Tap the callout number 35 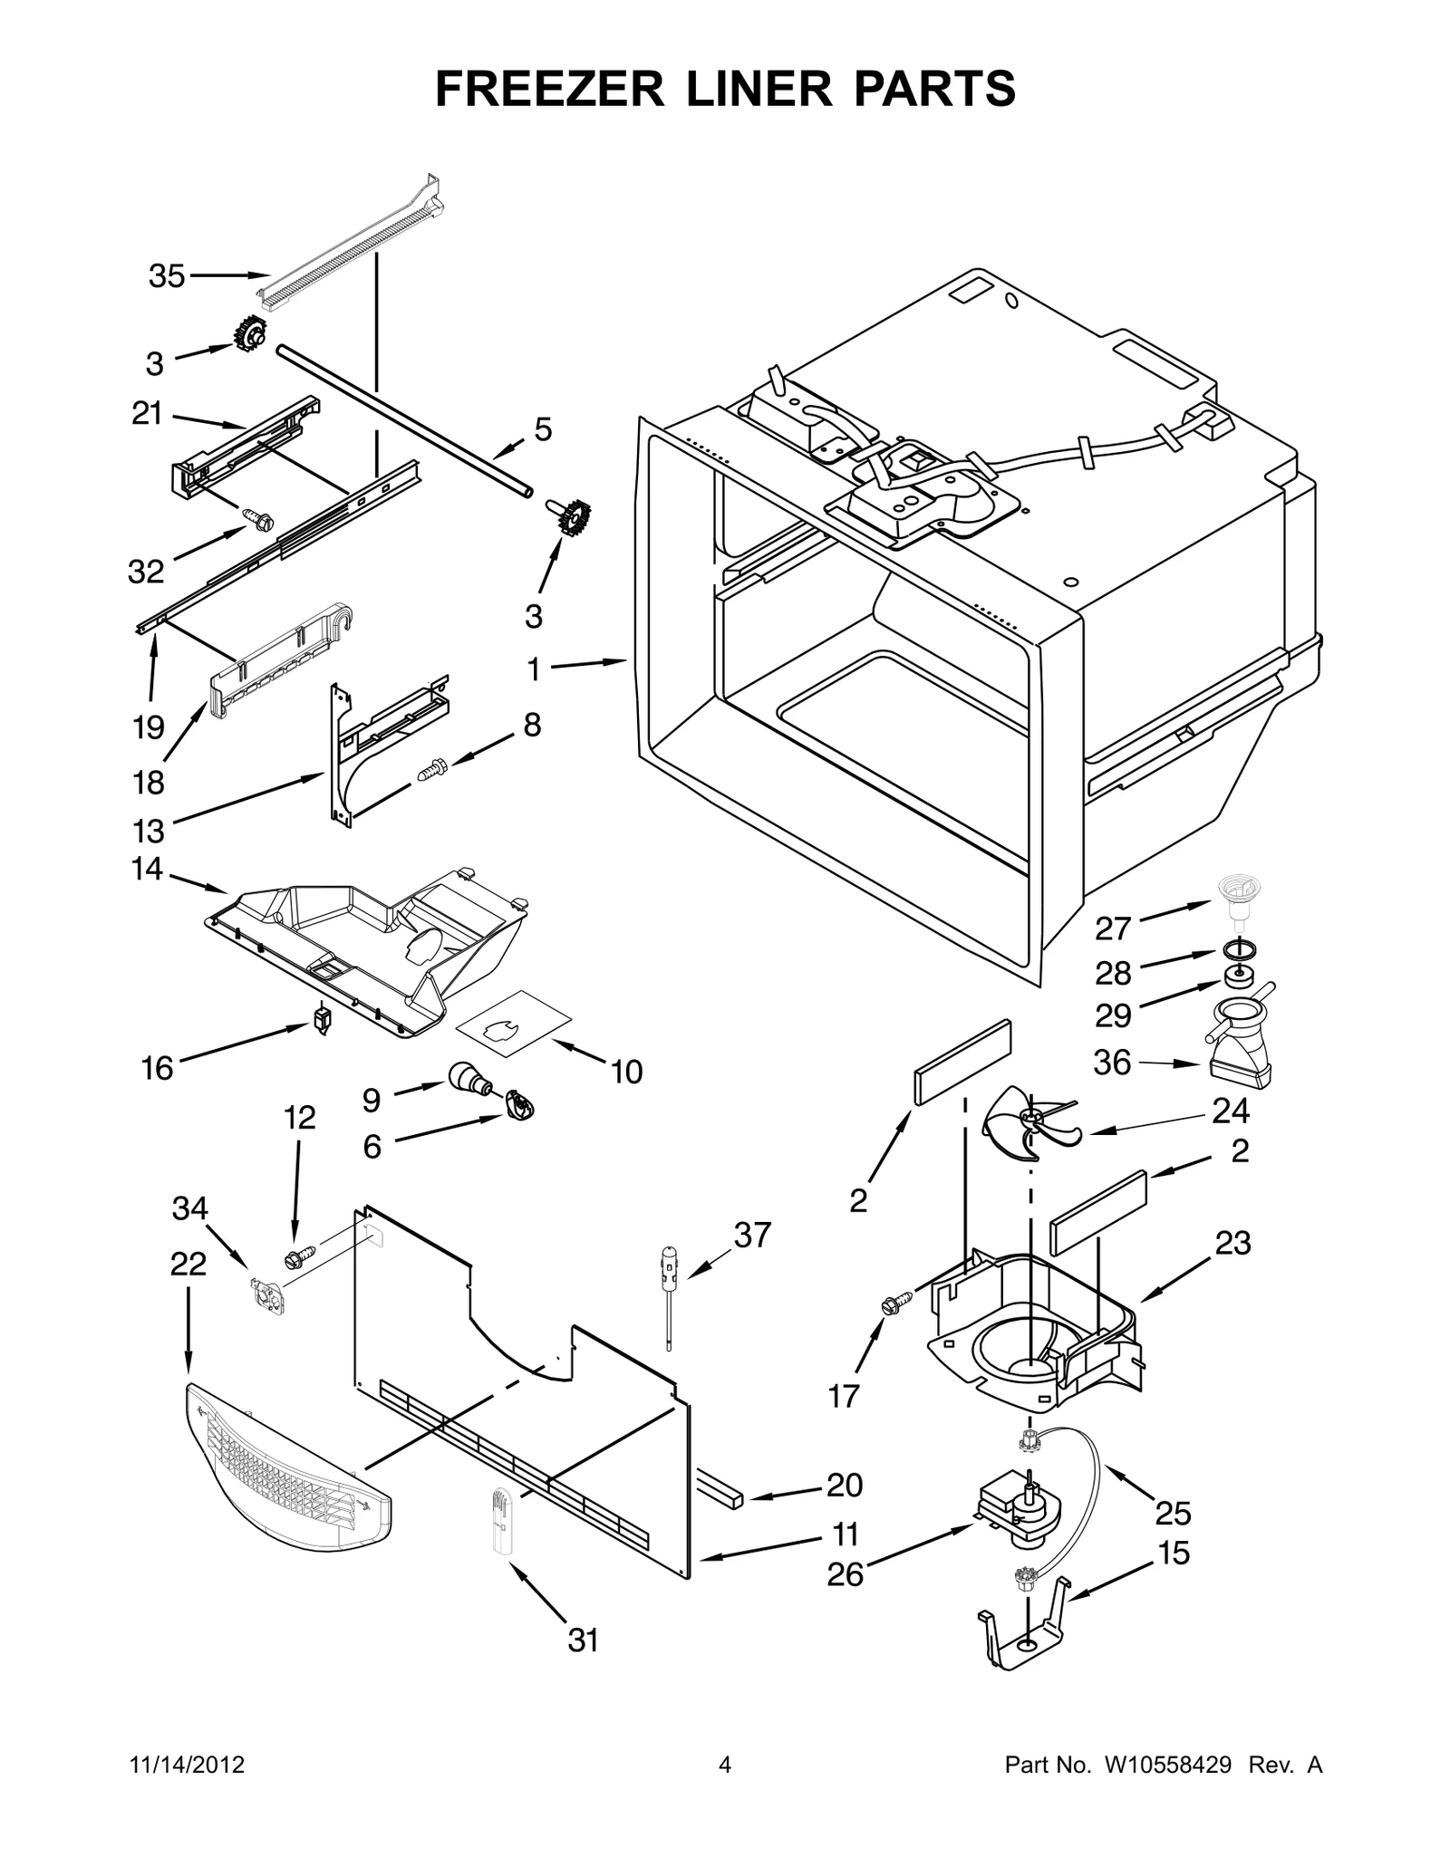click(167, 275)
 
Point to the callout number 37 click(752, 1235)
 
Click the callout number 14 click(146, 869)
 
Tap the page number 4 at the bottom click(724, 1765)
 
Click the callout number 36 click(1112, 1062)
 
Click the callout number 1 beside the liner click(534, 669)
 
